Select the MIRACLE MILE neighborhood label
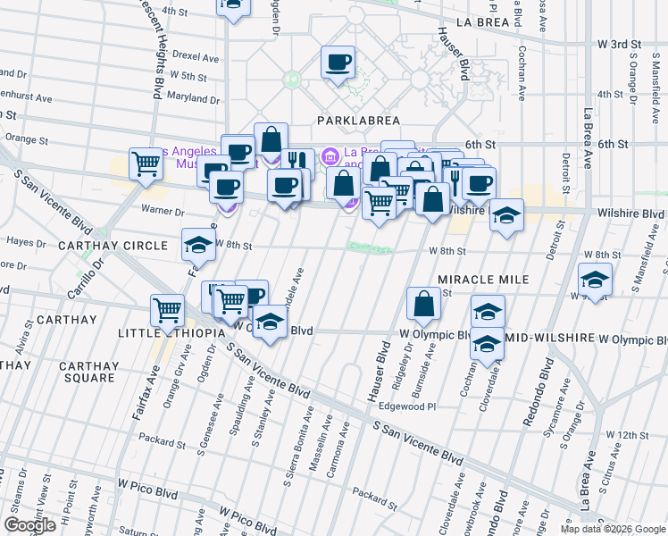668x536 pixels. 483,280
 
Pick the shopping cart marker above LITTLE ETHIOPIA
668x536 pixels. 167,310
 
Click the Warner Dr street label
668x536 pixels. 162,212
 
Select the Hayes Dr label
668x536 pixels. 26,241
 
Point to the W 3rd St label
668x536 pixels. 620,43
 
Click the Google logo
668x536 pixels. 29,525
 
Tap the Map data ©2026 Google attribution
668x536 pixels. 613,529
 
